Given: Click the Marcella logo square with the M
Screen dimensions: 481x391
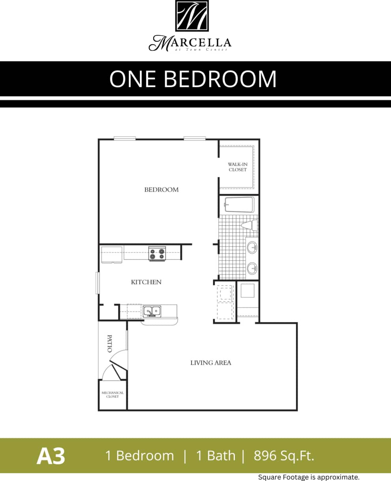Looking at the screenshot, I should (x=192, y=16).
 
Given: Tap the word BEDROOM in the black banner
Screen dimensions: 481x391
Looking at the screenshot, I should (x=220, y=79).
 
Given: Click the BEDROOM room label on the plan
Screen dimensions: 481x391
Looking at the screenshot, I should (x=161, y=189).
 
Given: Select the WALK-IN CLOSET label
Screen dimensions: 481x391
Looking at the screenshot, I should (x=238, y=167).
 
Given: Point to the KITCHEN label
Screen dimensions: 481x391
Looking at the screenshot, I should (x=146, y=282).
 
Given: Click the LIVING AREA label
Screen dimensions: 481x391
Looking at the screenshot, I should (x=211, y=362).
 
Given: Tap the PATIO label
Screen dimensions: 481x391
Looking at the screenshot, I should (x=110, y=344).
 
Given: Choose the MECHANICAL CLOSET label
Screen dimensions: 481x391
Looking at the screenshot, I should (x=112, y=394).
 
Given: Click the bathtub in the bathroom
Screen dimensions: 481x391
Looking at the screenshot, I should (x=238, y=205).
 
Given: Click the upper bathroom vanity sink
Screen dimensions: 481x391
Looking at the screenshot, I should (x=252, y=248).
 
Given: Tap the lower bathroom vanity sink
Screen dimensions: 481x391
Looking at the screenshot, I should (x=252, y=269).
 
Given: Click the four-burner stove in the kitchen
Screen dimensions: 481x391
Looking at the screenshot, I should (x=157, y=254).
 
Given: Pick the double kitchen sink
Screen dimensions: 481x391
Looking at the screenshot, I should (x=152, y=311).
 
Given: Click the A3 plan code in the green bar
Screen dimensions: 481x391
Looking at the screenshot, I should (x=51, y=456).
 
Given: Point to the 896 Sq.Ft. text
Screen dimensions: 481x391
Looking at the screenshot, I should (x=284, y=456).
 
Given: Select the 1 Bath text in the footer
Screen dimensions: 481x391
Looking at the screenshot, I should (x=215, y=456).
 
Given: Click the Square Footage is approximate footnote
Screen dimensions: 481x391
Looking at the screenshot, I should (x=309, y=477).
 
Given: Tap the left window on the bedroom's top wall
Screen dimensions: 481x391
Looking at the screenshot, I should (x=125, y=138).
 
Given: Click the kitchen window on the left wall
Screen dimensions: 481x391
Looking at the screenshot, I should (x=97, y=283).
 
